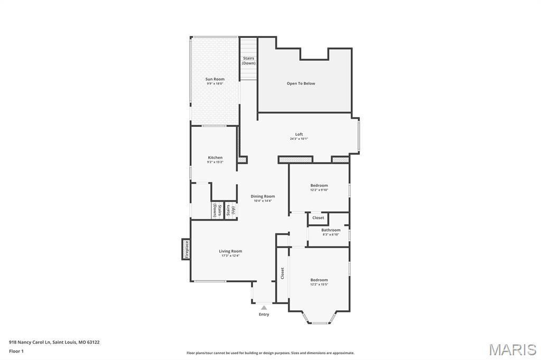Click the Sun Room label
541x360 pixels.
tap(215, 79)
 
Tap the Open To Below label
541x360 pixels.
tap(301, 83)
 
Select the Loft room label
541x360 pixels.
tap(299, 134)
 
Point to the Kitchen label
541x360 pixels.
tap(215, 157)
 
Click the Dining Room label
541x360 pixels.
tap(263, 196)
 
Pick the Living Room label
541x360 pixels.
tap(230, 251)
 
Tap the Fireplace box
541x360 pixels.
tap(186, 249)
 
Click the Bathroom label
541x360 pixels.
tap(331, 230)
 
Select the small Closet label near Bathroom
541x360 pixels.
tap(318, 217)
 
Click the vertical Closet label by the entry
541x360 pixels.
tap(283, 273)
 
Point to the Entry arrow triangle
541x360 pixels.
tap(264, 307)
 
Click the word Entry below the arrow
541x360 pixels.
tap(264, 315)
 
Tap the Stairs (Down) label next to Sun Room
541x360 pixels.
tap(249, 61)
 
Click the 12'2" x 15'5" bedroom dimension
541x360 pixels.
tap(319, 285)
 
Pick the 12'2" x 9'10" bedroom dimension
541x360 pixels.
tap(319, 190)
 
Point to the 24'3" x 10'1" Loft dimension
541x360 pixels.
tap(299, 139)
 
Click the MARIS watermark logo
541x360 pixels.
tap(512, 349)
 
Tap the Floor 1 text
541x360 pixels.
tap(16, 351)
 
